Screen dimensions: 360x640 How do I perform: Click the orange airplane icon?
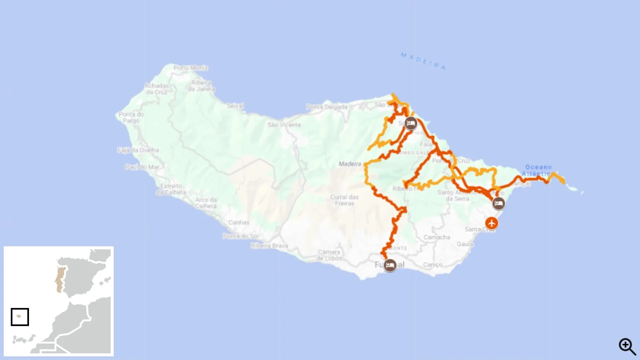pos(492,223)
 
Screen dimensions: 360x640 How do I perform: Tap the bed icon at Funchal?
pos(390,265)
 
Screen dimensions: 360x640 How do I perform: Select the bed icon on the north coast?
pos(411,123)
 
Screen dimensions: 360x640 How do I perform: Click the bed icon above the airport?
pos(498,203)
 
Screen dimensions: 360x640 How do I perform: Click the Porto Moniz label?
pos(191,68)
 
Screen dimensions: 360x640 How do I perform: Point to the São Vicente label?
pos(284,125)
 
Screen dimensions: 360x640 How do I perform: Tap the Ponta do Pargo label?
pos(131,117)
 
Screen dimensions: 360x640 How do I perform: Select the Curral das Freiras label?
pos(344,200)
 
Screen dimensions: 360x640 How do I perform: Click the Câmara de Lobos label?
pos(329,255)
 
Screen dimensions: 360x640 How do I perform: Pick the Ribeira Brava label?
pos(269,246)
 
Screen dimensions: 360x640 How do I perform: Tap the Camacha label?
pos(437,237)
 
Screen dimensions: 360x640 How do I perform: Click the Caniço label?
pos(433,265)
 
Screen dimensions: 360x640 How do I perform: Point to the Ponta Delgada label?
pos(327,107)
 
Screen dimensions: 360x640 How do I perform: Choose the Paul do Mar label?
pos(142,167)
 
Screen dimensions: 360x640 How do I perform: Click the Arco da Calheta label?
pos(206,203)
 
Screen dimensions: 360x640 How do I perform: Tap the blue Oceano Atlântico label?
pos(538,170)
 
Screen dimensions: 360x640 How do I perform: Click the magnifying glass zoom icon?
pos(627,346)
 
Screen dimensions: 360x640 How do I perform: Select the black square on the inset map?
pos(20,317)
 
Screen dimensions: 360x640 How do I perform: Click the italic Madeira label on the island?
pos(350,164)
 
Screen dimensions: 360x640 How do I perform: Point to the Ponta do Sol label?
pos(241,236)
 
